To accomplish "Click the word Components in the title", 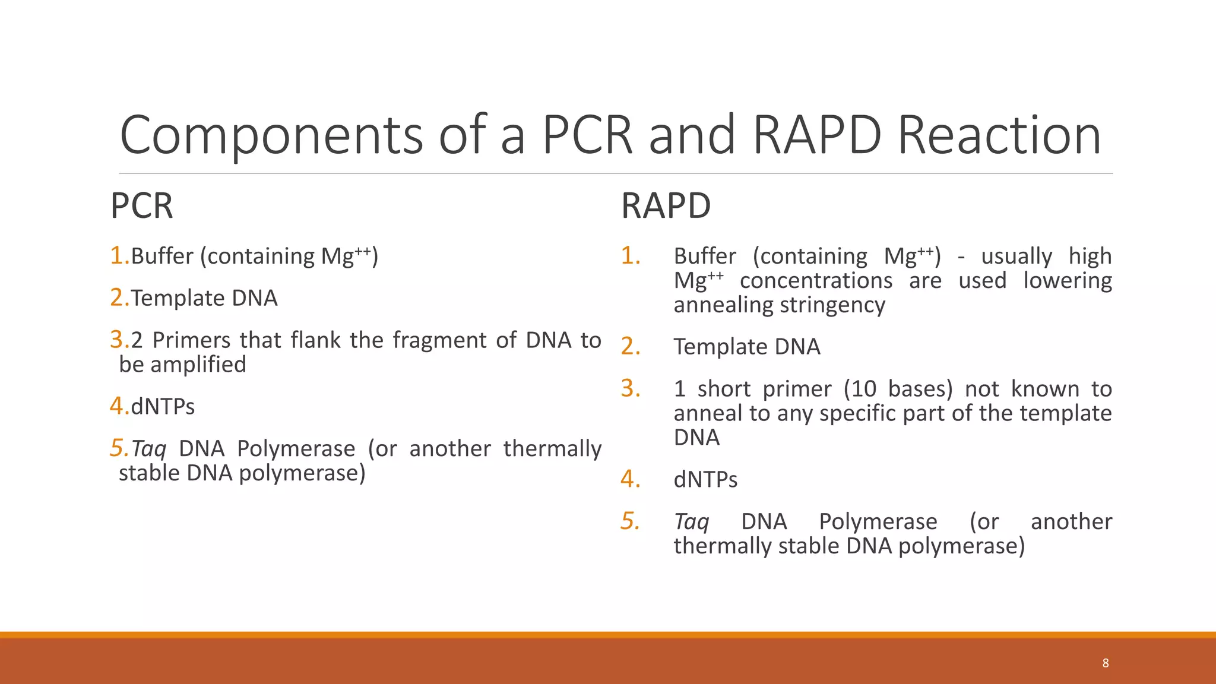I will point(271,135).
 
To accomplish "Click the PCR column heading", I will point(141,206).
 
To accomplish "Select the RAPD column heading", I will point(665,206).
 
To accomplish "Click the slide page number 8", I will point(1105,663).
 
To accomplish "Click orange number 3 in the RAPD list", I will point(629,389).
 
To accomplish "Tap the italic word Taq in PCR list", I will point(148,449).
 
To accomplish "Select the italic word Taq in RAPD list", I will point(691,522).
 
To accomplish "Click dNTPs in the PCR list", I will point(163,407).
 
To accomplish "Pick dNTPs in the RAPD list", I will point(705,480).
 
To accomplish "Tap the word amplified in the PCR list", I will point(198,365).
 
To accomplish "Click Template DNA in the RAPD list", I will point(746,347).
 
